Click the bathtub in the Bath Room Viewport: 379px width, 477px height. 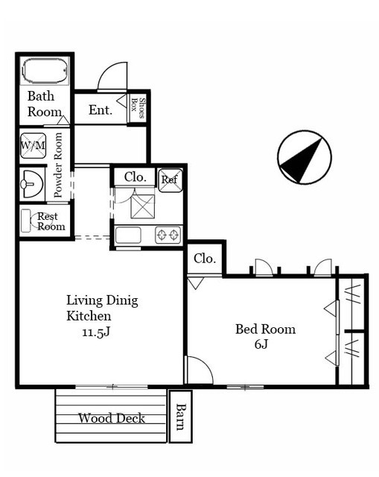tap(45, 71)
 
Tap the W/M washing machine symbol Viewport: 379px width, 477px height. tap(33, 146)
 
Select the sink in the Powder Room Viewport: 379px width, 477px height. tap(31, 184)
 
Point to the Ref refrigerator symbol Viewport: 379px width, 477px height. tap(171, 180)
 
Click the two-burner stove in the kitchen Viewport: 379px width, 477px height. tap(168, 235)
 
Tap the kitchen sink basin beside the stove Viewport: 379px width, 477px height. tap(128, 235)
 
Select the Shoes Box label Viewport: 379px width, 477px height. tap(138, 108)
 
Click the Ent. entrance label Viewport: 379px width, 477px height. tap(101, 110)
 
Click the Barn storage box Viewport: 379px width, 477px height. tap(180, 417)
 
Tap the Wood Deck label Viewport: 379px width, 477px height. tap(112, 418)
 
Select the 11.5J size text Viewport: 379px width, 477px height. tap(96, 332)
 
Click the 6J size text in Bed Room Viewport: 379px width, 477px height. tap(261, 344)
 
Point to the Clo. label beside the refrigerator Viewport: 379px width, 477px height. tap(136, 177)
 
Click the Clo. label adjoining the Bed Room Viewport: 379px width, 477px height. tap(205, 259)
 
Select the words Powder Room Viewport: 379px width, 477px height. tap(58, 165)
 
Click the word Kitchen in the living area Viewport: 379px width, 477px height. tap(89, 316)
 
